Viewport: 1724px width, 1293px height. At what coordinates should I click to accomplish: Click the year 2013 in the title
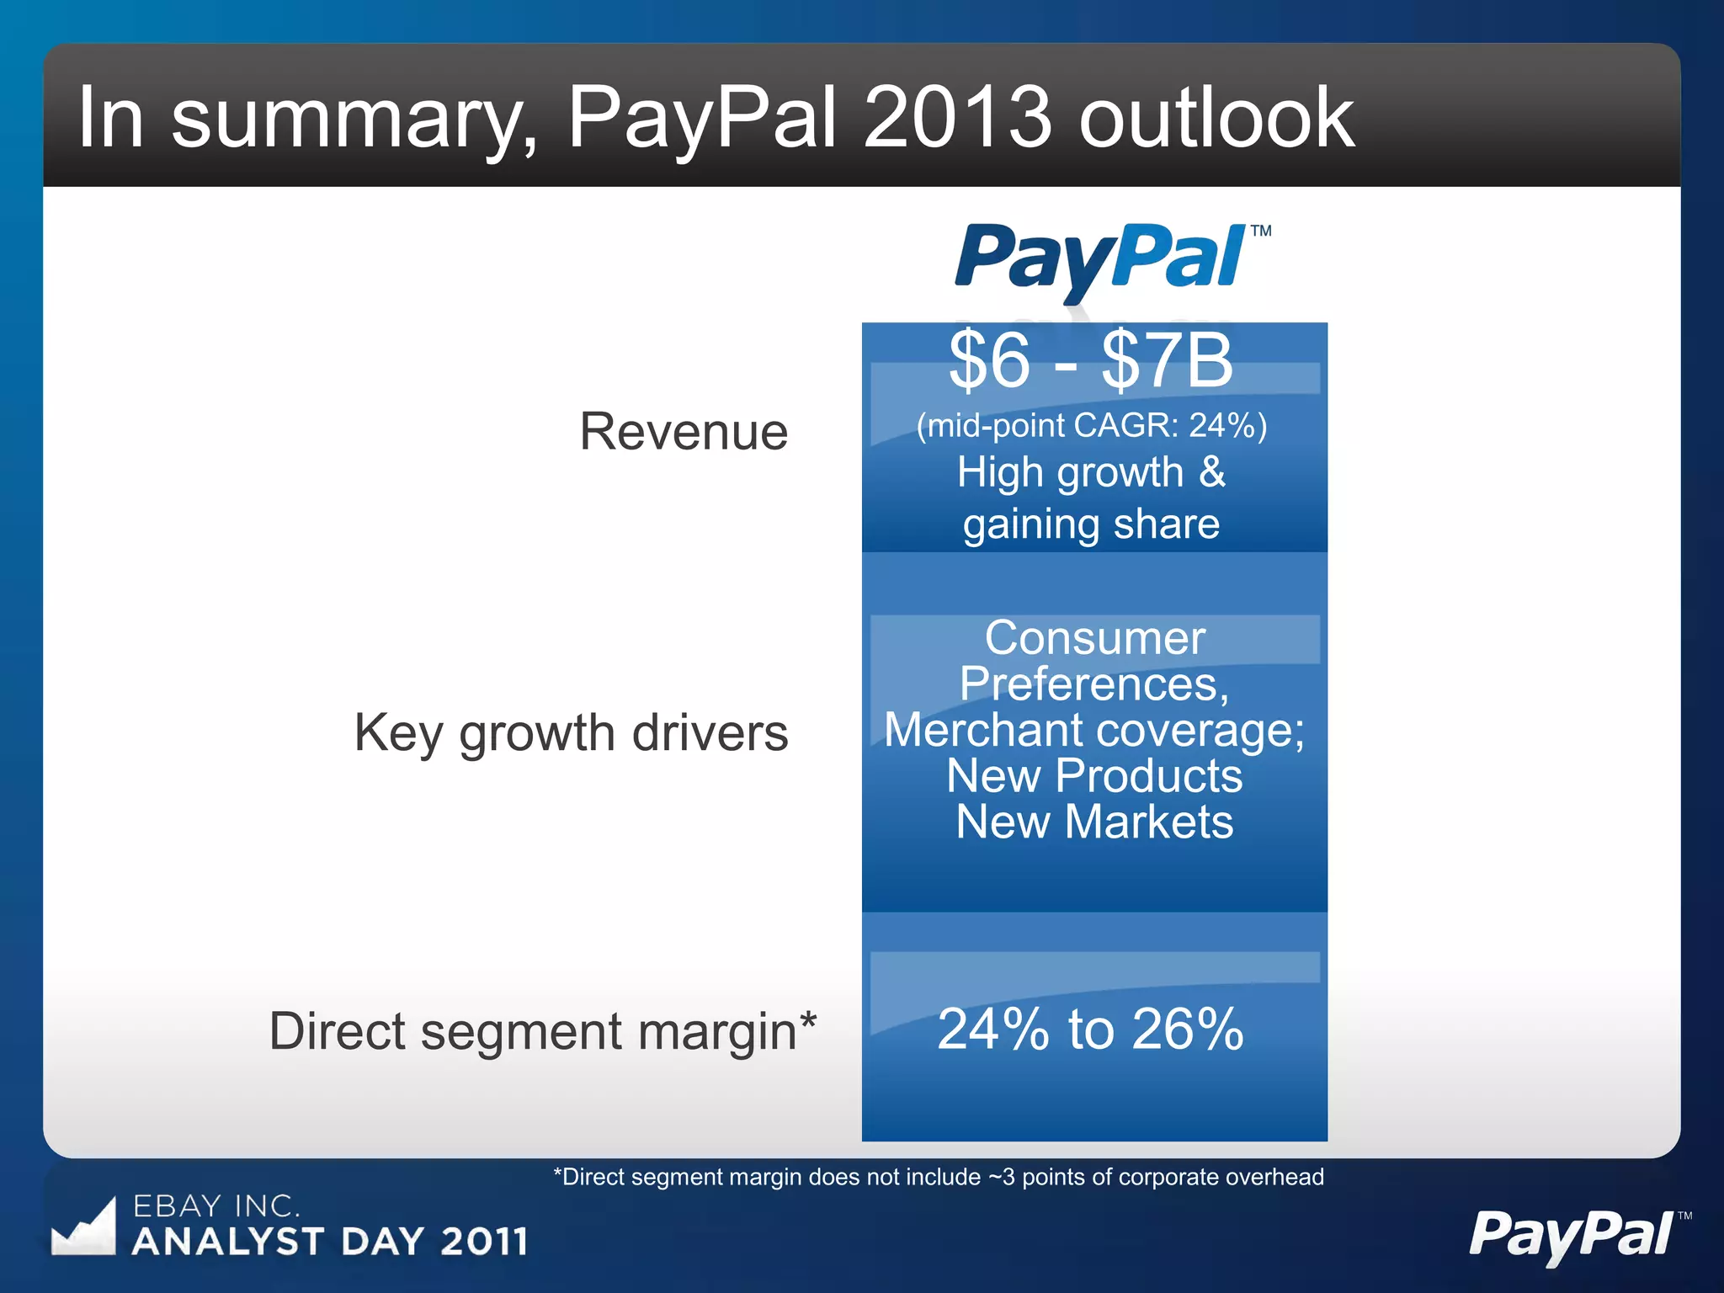point(957,118)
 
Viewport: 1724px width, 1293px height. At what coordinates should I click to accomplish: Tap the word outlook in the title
point(1216,118)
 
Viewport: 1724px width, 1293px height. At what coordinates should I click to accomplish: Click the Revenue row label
point(684,432)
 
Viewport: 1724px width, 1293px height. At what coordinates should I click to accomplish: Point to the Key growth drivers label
point(571,732)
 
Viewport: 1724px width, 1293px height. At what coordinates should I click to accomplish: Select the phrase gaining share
point(1091,524)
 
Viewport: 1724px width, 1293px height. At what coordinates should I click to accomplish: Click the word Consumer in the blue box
point(1094,638)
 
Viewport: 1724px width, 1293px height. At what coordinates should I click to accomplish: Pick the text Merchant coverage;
point(1094,730)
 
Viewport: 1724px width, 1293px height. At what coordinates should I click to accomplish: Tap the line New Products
point(1094,775)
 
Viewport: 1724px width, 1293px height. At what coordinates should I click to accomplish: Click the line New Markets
point(1094,822)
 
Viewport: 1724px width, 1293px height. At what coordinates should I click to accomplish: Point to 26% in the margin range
point(1187,1030)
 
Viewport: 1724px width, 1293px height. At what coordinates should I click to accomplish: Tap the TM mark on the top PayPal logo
point(1260,231)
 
